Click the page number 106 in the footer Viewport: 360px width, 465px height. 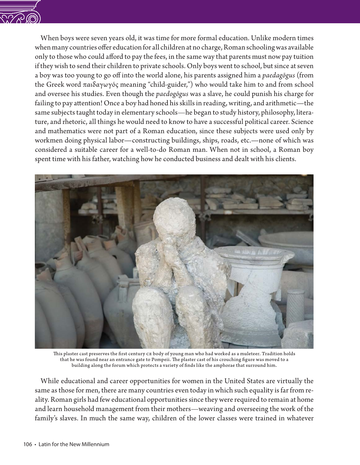pos(27,444)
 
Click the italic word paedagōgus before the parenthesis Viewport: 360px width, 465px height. pos(278,76)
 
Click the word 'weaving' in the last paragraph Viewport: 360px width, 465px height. pos(209,409)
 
